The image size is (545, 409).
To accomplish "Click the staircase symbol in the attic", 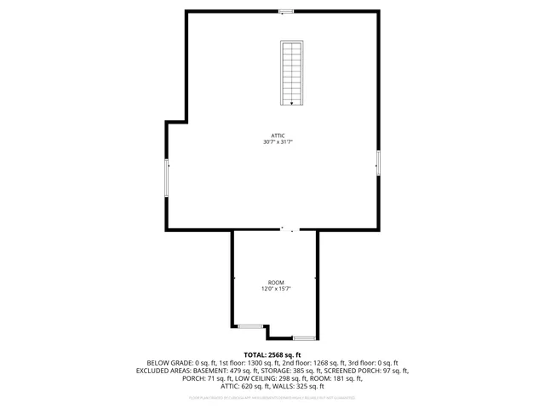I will [292, 72].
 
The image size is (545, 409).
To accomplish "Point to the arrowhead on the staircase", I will [292, 103].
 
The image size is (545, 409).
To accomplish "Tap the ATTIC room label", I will [278, 135].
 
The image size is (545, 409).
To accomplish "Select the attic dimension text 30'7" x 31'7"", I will [278, 142].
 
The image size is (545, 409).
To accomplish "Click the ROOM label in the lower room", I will [276, 282].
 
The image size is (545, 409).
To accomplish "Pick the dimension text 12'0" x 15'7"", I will [276, 289].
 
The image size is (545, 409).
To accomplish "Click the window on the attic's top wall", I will [286, 11].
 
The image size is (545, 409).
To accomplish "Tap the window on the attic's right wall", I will [378, 161].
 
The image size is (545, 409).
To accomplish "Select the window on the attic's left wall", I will [167, 178].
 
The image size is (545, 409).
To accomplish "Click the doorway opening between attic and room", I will [290, 228].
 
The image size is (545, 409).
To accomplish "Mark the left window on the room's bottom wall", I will [250, 325].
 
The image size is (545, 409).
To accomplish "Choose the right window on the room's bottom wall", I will [304, 338].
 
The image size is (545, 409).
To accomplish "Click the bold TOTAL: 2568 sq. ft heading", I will [272, 354].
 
